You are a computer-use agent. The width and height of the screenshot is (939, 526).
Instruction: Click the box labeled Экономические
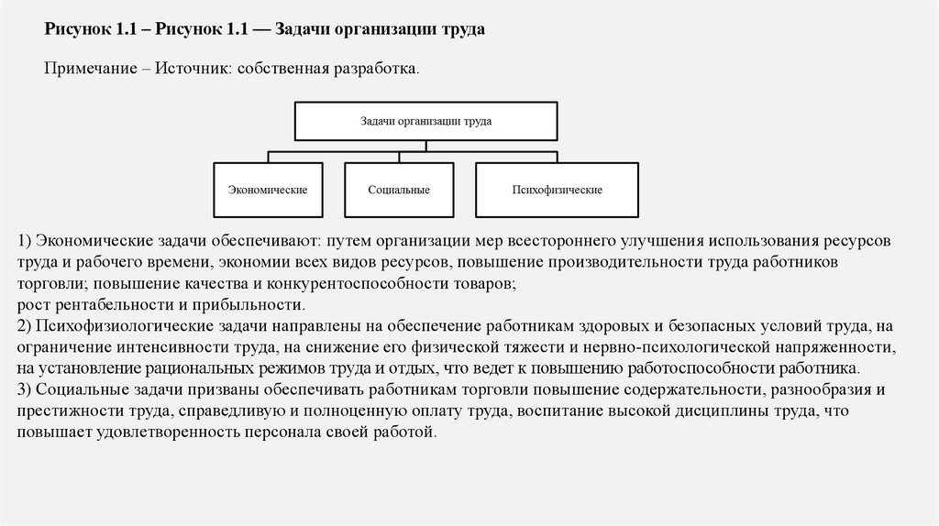[x=267, y=190]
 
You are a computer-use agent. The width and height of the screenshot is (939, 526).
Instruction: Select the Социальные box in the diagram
[x=399, y=190]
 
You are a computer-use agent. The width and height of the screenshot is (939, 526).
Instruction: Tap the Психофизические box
[x=557, y=190]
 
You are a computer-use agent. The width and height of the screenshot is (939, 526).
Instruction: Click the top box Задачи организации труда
[x=425, y=120]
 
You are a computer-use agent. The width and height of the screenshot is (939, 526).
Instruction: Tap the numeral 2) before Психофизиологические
[x=25, y=325]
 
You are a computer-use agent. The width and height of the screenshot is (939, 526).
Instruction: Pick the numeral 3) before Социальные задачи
[x=25, y=389]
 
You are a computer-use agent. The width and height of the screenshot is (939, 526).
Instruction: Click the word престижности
[x=65, y=411]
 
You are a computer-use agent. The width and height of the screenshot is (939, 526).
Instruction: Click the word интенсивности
[x=165, y=347]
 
